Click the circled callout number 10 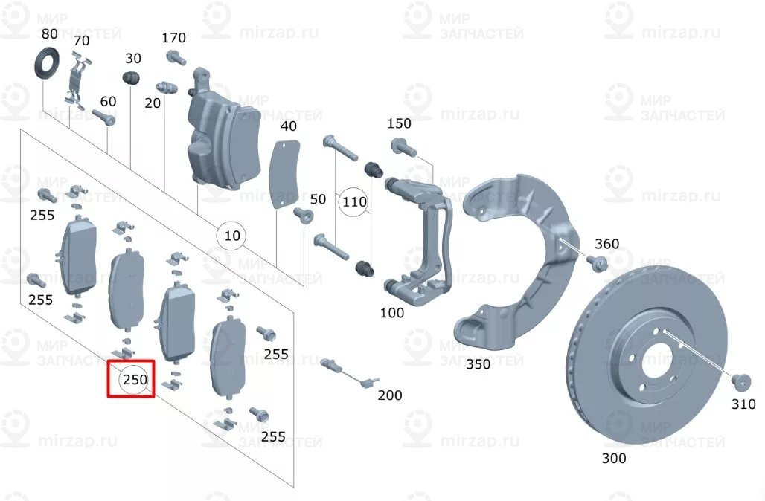231,236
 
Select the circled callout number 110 354,201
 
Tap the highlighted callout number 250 135,379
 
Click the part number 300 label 614,458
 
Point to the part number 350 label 478,364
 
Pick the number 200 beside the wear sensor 390,395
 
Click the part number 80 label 49,33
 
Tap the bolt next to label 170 176,59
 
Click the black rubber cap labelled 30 131,77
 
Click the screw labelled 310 740,382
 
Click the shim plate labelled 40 285,174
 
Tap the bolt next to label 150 403,147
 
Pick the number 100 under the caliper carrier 391,312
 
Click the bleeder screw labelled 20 167,87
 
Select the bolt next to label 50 302,215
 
